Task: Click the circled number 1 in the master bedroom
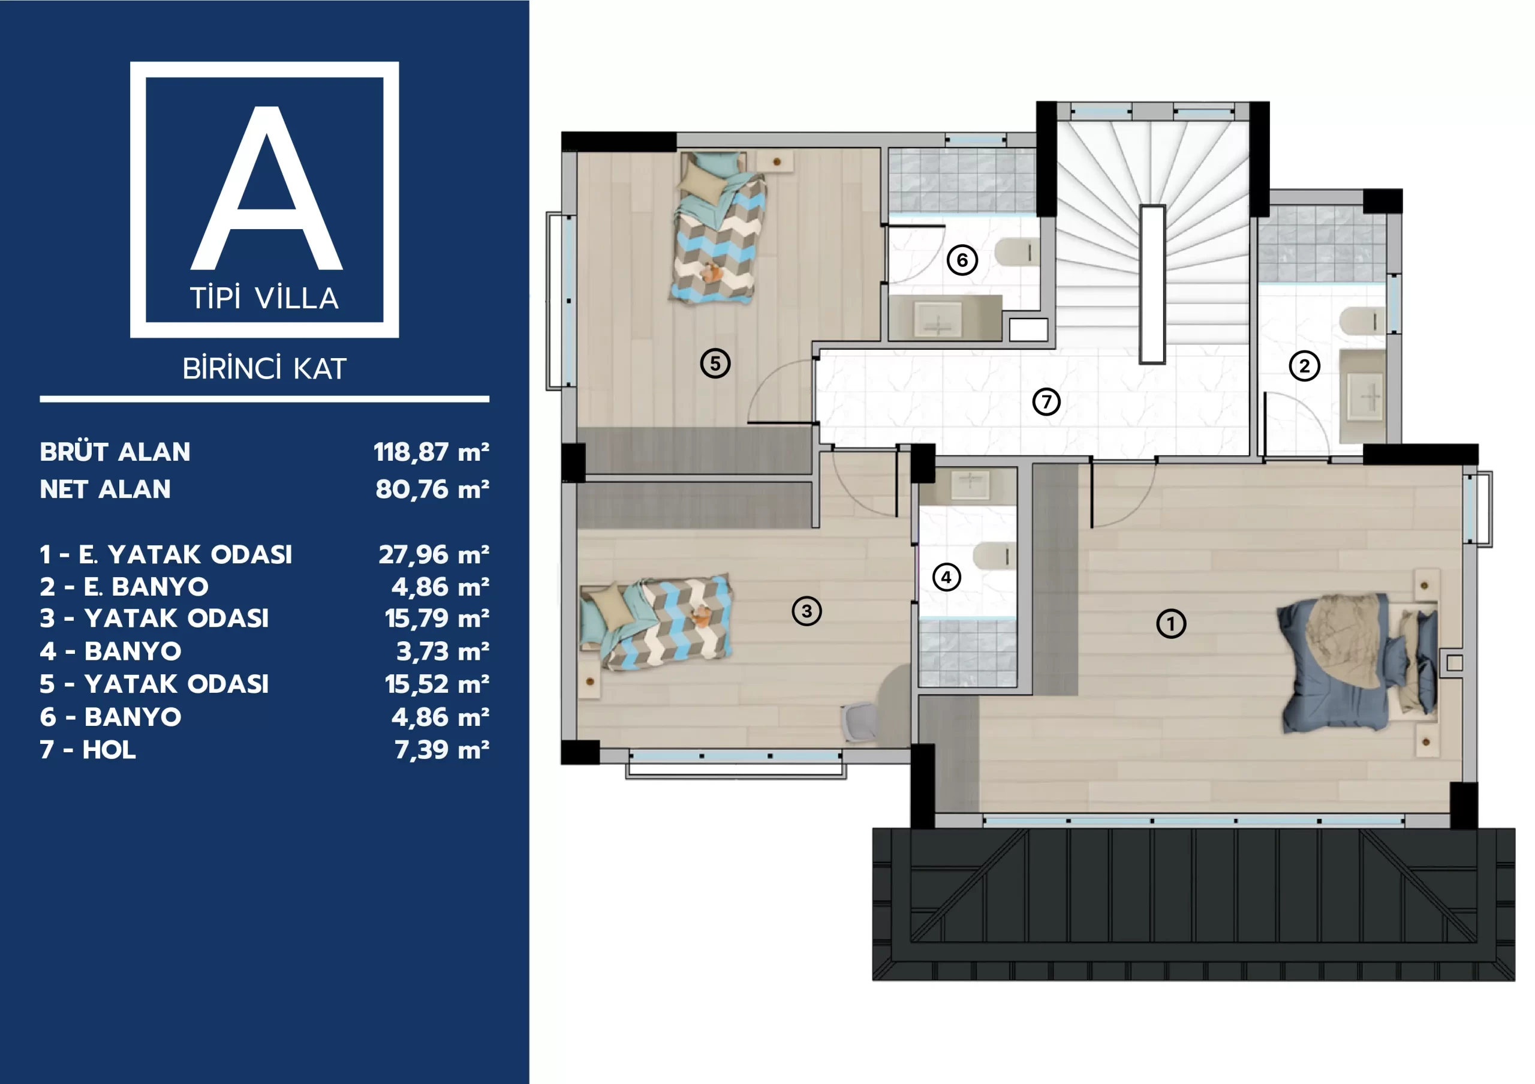[x=1170, y=624]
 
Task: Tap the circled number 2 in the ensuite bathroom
[x=1304, y=366]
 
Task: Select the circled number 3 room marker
[x=806, y=611]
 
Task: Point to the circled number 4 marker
[x=946, y=576]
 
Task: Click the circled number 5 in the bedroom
[x=715, y=363]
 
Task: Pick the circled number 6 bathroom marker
[x=962, y=260]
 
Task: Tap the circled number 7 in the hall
[x=1046, y=401]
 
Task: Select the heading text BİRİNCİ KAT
[x=265, y=368]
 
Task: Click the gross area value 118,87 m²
[x=431, y=452]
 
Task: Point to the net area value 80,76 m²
[x=432, y=490]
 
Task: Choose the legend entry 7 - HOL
[x=88, y=750]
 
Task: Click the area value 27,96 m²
[x=434, y=554]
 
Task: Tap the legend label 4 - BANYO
[x=110, y=651]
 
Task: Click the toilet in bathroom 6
[x=1017, y=252]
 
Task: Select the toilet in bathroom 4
[x=994, y=555]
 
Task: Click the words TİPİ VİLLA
[x=265, y=298]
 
